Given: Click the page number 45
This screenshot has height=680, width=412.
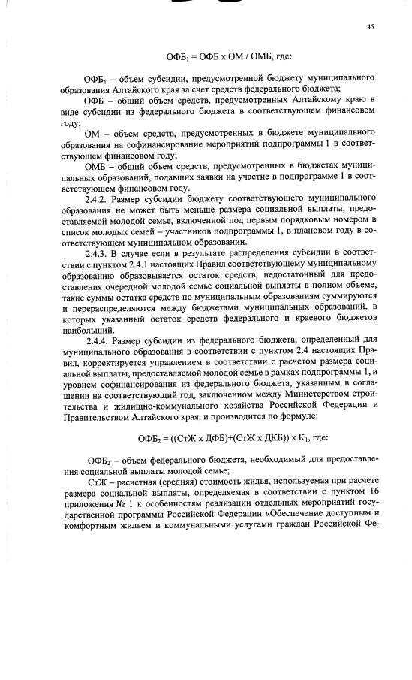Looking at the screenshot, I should (371, 26).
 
